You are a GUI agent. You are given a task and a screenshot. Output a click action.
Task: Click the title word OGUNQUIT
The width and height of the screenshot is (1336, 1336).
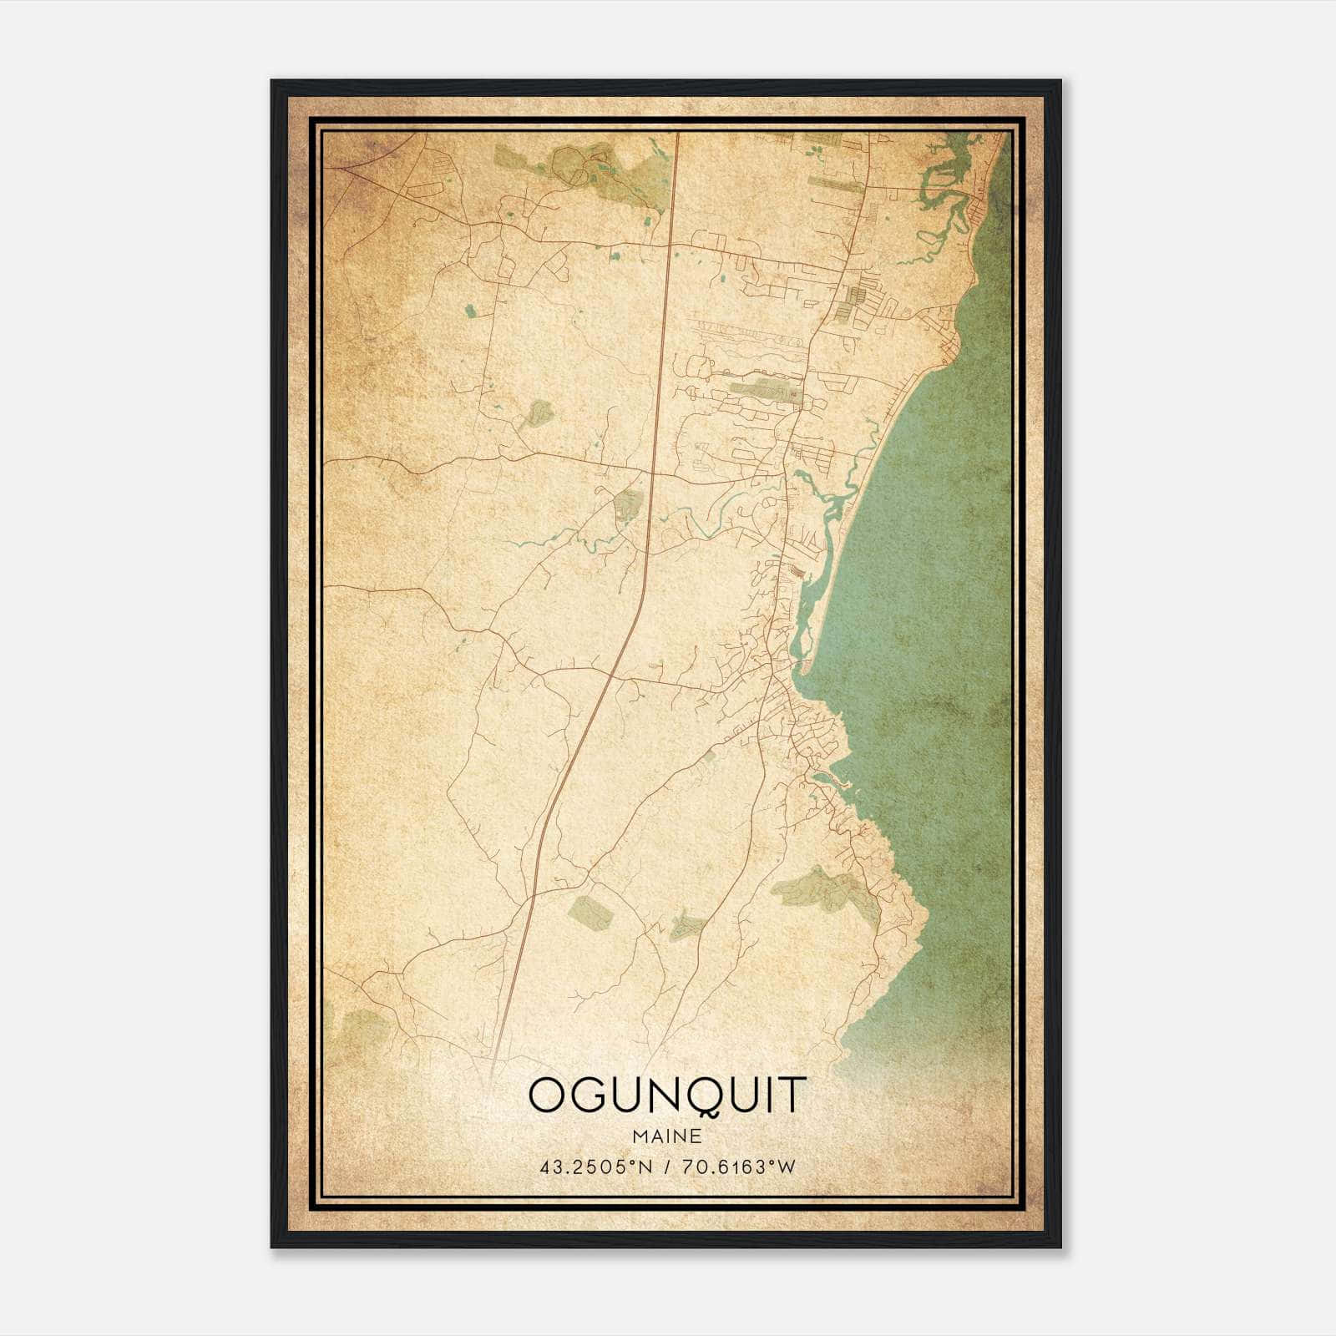tap(667, 1096)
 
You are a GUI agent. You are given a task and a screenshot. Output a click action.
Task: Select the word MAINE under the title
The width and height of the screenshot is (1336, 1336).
tap(667, 1136)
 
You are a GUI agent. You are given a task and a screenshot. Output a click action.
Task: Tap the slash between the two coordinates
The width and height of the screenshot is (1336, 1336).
tap(665, 1166)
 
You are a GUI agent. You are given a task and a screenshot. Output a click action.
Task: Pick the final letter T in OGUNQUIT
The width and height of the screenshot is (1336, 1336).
tap(796, 1096)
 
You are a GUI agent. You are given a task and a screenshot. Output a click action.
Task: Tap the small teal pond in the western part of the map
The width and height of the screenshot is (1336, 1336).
tap(469, 311)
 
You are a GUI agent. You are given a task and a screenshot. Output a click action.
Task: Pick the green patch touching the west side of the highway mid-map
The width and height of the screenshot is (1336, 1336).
tap(628, 504)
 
